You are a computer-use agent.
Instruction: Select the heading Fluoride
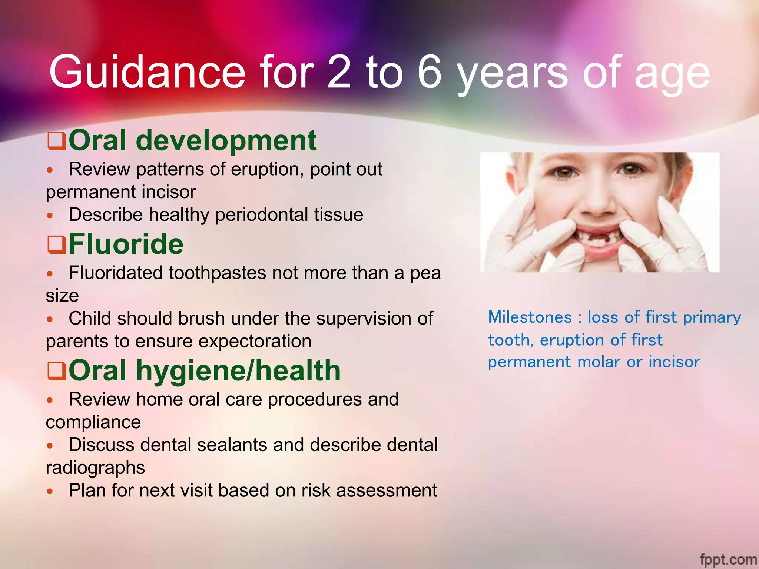126,244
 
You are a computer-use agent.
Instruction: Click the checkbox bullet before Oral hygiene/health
57,372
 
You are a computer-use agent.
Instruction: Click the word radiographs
95,468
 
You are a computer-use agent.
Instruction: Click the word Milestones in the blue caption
530,317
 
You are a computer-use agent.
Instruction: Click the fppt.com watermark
728,559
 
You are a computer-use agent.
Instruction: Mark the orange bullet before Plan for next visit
50,491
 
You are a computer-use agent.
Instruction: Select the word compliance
93,422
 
